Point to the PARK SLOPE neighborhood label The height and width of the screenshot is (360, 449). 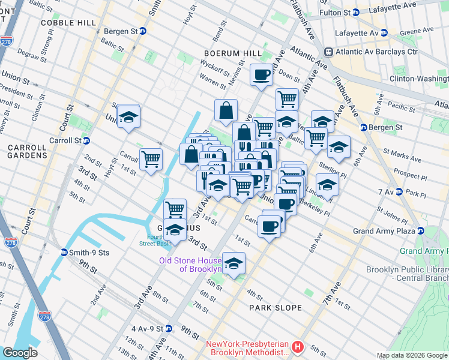tap(276, 308)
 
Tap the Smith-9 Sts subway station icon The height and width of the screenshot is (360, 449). tap(64, 252)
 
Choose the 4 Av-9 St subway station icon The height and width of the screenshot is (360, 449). tap(169, 329)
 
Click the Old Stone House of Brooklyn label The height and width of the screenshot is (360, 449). tap(190, 264)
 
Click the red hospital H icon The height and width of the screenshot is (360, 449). tap(297, 347)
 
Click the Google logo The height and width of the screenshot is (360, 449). tap(20, 353)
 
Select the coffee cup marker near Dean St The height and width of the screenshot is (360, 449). tap(261, 75)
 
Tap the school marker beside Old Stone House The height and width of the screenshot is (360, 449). tap(234, 263)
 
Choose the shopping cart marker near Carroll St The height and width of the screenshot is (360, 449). tap(151, 160)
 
